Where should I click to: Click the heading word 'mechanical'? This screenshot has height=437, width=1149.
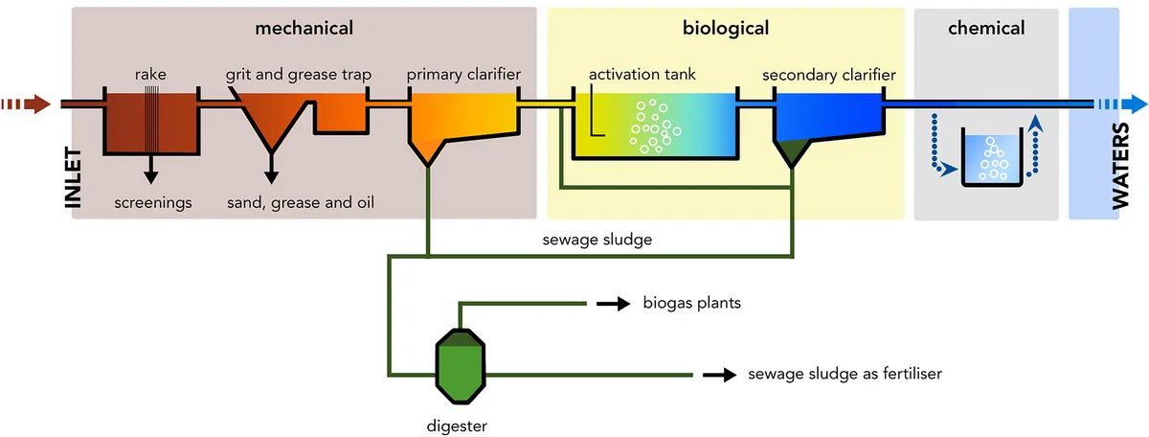304,28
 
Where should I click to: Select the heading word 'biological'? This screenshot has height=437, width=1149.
726,28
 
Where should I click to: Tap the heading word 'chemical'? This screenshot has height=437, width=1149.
986,28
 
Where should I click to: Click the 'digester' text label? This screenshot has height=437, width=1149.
461,423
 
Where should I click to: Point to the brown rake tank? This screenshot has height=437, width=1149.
150,124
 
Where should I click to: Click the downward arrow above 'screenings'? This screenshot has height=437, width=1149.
150,171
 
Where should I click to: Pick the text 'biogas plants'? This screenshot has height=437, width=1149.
692,305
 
